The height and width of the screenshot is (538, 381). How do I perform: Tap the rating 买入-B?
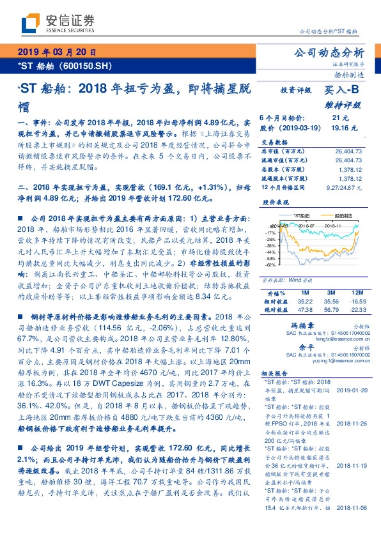tap(341, 91)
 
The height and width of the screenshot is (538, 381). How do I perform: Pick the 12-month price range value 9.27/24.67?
tap(348, 188)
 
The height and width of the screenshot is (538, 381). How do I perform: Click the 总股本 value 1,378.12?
tap(352, 169)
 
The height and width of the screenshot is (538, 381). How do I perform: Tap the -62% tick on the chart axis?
tap(269, 264)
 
